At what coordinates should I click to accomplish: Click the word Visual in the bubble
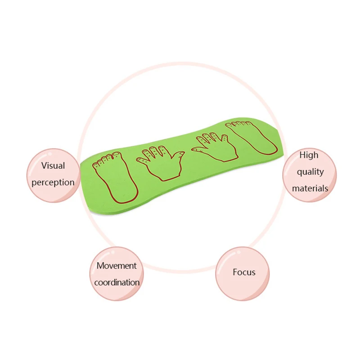coord(53,166)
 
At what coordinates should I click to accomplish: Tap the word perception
coord(53,182)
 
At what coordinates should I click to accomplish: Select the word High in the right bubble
coord(309,155)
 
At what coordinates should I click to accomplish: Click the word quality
coord(310,171)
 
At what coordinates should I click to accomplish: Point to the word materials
coord(310,188)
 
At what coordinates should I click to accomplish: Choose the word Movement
coord(117,265)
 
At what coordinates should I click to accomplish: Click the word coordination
coord(117,283)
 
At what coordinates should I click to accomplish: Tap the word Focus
coord(244,272)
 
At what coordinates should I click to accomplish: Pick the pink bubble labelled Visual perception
coord(53,193)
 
